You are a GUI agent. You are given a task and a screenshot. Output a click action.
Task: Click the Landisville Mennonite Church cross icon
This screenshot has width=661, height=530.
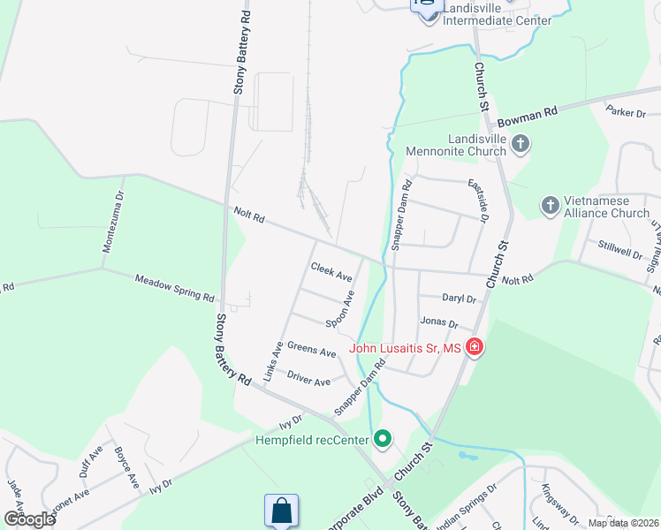click(x=520, y=143)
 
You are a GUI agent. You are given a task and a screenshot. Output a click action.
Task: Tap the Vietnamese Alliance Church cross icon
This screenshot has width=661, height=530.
click(x=550, y=206)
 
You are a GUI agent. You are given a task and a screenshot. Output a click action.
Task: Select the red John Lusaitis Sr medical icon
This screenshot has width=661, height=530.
click(x=475, y=347)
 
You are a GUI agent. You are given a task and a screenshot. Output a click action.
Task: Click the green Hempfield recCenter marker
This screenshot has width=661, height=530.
click(x=382, y=438)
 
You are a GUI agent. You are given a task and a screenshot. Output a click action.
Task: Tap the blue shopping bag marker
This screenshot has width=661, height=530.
click(x=281, y=511)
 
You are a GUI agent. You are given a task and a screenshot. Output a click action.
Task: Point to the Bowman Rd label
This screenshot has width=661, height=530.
click(x=528, y=114)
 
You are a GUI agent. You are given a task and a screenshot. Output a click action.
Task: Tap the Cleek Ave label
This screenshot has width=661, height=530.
click(x=331, y=271)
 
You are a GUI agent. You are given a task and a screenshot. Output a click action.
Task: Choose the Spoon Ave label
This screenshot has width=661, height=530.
click(x=340, y=309)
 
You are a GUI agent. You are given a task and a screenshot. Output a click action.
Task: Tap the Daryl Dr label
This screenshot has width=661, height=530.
click(x=460, y=299)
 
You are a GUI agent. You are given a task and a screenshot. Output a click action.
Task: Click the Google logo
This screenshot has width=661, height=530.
click(x=28, y=519)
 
